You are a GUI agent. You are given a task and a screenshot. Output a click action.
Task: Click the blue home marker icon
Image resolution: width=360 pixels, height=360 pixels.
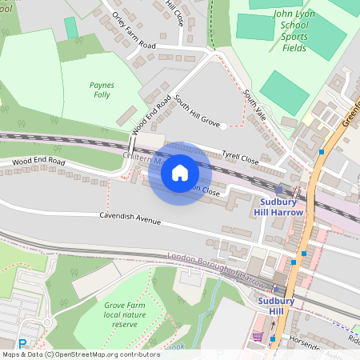pyautogui.click(x=180, y=173)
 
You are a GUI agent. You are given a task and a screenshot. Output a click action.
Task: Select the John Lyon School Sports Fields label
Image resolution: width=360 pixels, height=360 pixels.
pyautogui.click(x=294, y=30)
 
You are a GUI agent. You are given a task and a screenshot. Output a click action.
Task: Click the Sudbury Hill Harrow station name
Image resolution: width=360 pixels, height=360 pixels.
pyautogui.click(x=282, y=207)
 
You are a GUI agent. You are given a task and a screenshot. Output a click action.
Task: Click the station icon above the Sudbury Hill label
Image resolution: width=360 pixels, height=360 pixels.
pyautogui.click(x=278, y=290)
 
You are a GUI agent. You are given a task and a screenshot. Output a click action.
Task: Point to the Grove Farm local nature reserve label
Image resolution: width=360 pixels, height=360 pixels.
pyautogui.click(x=126, y=314)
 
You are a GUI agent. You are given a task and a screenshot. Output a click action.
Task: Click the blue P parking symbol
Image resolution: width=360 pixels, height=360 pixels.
pyautogui.click(x=22, y=343)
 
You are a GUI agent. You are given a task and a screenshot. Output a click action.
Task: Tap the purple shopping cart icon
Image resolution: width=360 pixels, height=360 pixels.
pyautogui.click(x=257, y=336)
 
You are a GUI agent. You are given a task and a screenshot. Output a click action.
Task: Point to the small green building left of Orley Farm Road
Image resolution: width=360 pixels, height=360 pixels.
pyautogui.click(x=71, y=27)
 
